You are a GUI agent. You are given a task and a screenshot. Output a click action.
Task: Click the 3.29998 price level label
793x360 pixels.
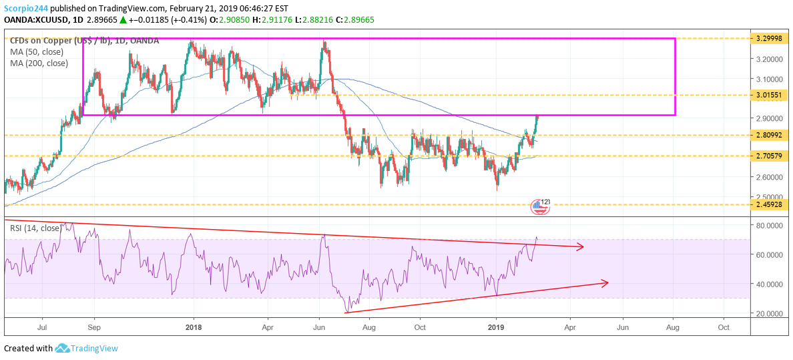(770, 39)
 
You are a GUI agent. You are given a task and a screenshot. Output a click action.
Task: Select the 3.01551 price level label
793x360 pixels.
(770, 96)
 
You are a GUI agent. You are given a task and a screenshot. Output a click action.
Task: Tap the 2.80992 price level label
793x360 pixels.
(770, 135)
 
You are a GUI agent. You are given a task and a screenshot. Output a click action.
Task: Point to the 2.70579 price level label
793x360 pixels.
(770, 156)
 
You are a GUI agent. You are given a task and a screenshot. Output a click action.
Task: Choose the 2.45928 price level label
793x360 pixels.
(770, 204)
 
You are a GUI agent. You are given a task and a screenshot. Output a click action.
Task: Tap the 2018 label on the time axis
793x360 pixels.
(194, 327)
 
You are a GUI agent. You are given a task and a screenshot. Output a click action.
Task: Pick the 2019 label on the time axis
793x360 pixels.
(496, 327)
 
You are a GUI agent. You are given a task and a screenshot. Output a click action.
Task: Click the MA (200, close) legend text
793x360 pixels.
(39, 63)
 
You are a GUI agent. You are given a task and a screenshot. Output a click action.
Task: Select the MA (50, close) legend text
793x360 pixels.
(37, 52)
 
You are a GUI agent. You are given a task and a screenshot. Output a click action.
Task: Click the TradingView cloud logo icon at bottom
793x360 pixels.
(63, 348)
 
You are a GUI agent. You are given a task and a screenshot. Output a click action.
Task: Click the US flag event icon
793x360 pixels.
(539, 207)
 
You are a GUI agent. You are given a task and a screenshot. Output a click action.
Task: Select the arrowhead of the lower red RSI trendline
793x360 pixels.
(605, 283)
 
